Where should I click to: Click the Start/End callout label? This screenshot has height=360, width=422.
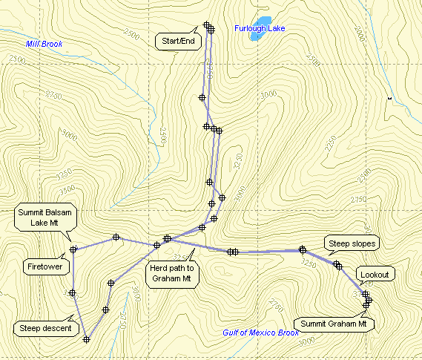tap(179, 41)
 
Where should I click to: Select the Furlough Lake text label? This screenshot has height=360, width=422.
tap(260, 29)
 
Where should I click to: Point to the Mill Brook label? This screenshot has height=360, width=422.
tap(44, 44)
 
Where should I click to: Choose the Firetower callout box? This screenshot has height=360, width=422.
tap(46, 264)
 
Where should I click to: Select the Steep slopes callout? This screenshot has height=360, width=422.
tap(352, 243)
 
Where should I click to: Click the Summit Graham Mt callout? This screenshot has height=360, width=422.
tap(335, 324)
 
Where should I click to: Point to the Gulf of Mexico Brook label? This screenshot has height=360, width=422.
tap(260, 333)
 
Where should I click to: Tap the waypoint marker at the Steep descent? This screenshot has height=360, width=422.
tap(87, 339)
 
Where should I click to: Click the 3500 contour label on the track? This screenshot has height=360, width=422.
tap(209, 72)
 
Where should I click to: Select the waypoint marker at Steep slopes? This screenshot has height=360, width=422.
tap(337, 264)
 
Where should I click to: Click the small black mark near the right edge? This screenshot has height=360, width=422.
tap(389, 97)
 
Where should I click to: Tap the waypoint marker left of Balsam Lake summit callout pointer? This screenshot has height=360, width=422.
tap(73, 249)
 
